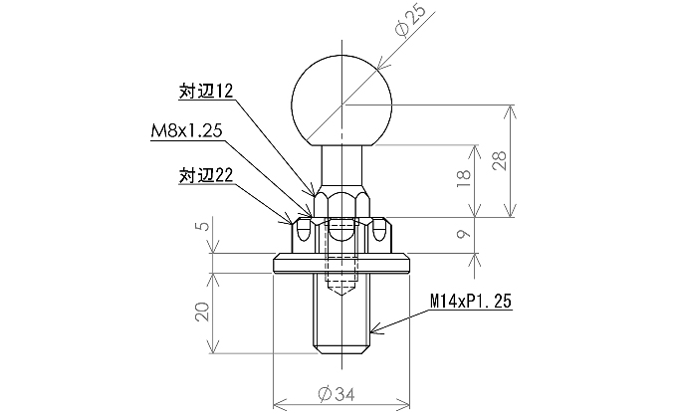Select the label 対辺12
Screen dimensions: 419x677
coord(205,91)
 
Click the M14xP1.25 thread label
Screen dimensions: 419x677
coord(471,299)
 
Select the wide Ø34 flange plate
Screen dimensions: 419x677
coord(341,264)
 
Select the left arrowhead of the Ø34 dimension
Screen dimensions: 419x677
coord(278,405)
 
